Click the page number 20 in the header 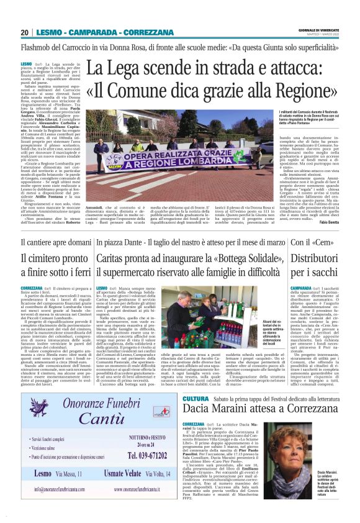pos(24,32)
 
